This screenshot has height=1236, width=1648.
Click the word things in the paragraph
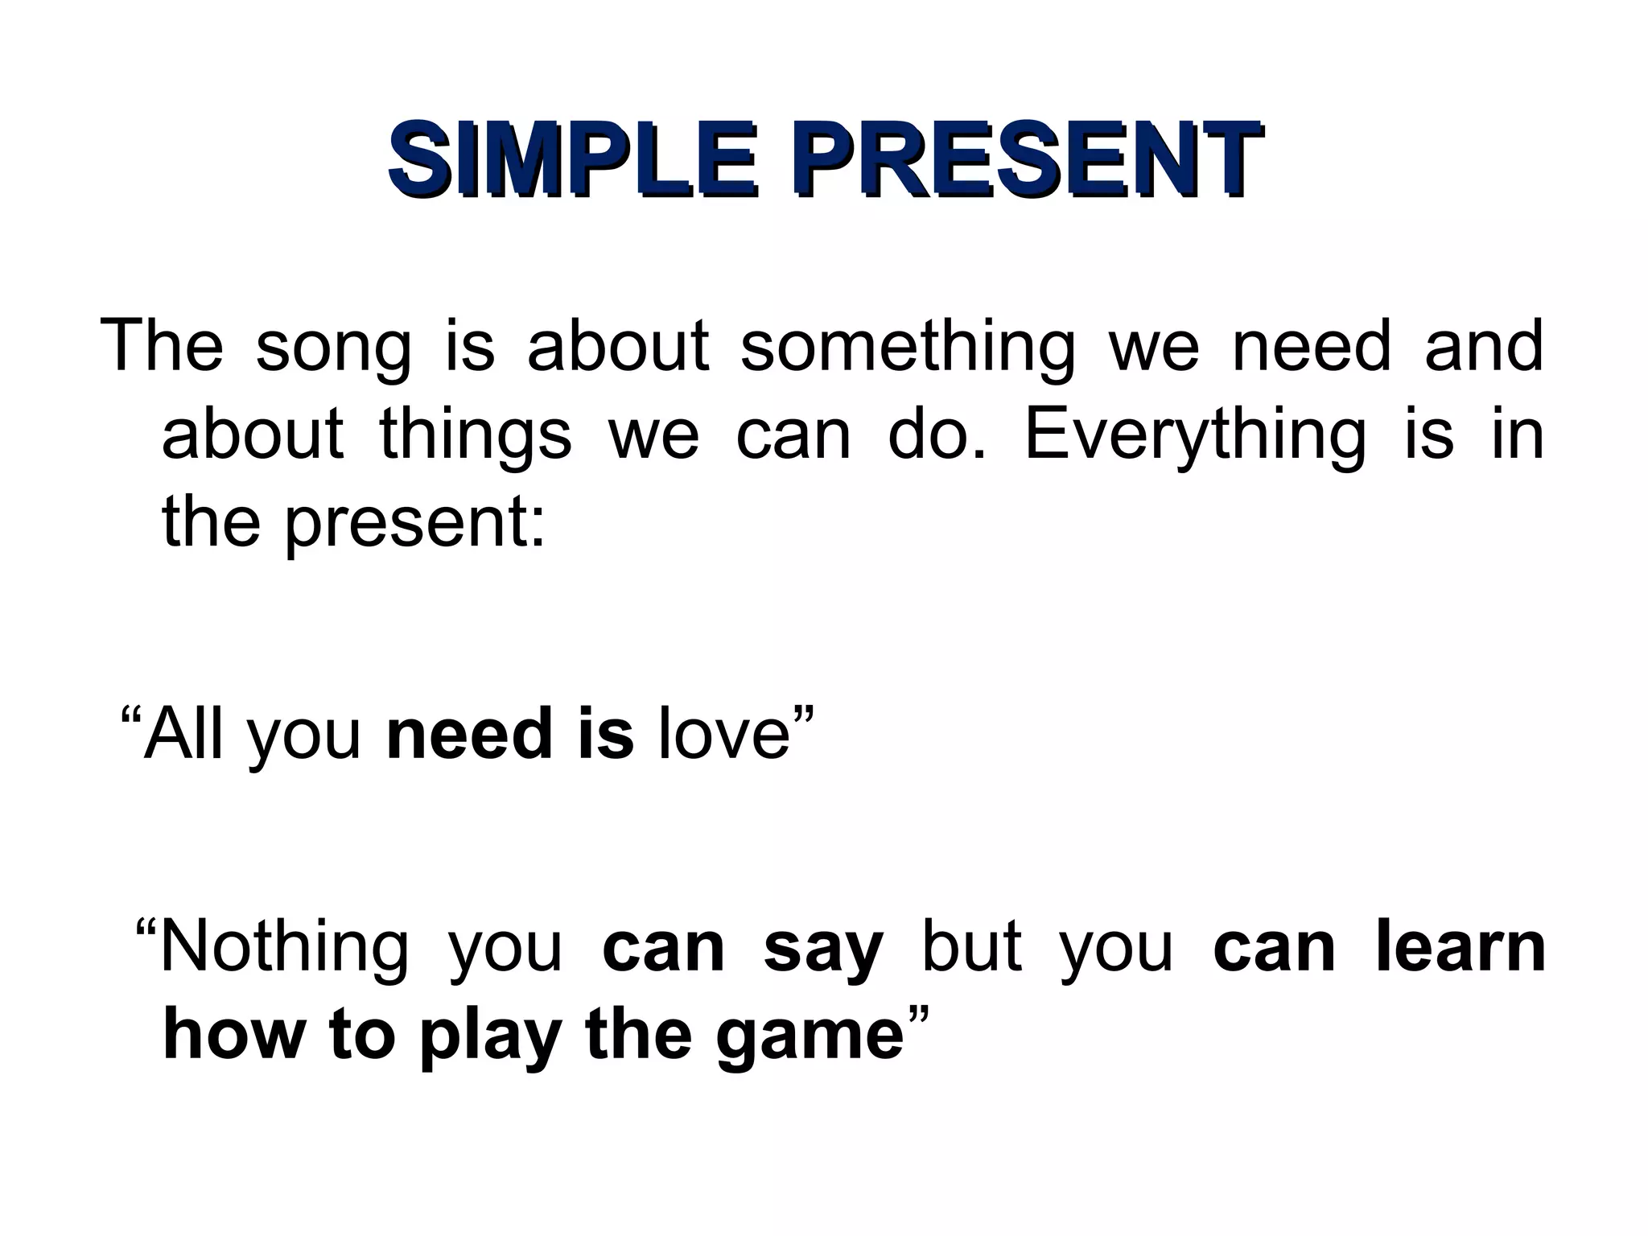475,435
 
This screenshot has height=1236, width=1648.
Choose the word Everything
1195,435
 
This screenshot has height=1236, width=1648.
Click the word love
723,733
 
